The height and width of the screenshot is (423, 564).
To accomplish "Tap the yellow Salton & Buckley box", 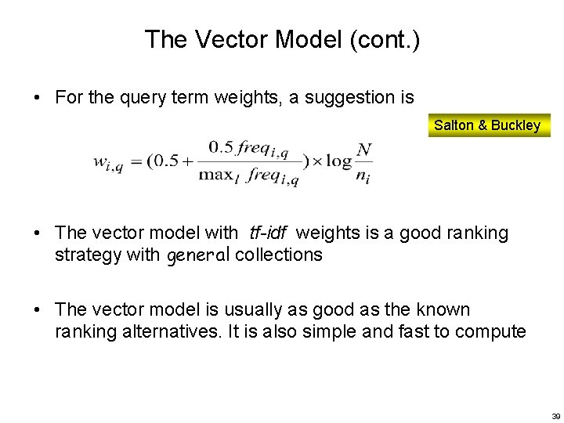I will click(x=487, y=125).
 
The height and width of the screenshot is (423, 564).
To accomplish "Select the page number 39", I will click(x=556, y=416).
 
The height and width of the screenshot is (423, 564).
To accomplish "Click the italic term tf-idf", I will click(x=269, y=233).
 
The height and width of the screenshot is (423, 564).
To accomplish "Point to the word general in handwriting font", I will click(x=198, y=255).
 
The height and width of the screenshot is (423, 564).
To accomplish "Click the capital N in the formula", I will click(x=363, y=149).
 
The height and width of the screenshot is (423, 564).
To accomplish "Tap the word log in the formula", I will click(x=339, y=162).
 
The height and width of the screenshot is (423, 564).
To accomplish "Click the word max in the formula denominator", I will click(x=215, y=175).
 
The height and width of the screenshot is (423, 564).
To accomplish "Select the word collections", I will click(x=278, y=255).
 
